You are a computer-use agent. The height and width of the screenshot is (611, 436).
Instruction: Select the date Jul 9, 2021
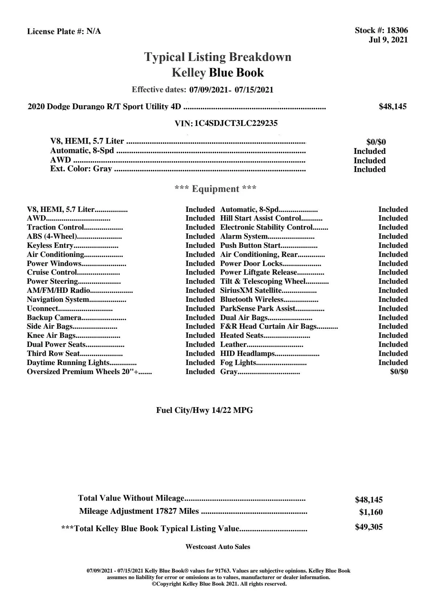coord(388,40)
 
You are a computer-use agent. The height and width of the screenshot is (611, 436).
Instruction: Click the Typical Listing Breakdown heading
coord(218,57)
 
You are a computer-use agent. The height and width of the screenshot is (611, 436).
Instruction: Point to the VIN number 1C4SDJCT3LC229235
coord(236,123)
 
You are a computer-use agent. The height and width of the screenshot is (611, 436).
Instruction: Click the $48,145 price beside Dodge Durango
coord(392,107)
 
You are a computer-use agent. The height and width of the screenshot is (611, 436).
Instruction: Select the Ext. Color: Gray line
coord(81,169)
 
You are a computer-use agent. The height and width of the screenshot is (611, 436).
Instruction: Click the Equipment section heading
coord(216,189)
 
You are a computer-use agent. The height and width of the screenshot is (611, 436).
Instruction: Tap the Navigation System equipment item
coord(58,300)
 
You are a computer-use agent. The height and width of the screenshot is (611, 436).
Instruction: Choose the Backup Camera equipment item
coord(54,318)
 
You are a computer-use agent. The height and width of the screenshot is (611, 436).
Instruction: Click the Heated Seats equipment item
coord(242,336)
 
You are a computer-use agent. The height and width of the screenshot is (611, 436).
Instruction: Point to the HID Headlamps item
coord(247,354)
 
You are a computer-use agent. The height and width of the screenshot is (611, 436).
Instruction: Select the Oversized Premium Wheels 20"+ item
coord(84,372)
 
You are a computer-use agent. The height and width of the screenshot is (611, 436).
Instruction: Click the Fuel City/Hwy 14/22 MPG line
coord(204,410)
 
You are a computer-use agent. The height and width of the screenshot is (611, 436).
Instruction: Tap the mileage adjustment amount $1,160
coord(371,512)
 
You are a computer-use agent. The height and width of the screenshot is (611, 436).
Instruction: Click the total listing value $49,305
coord(368,527)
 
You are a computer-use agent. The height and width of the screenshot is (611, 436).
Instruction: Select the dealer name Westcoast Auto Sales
coord(218,547)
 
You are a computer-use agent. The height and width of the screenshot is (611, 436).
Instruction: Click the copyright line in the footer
coord(219,584)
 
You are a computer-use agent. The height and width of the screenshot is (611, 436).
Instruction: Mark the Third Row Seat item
coord(53,354)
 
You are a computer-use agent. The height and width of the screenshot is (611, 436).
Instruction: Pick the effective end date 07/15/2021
coord(254,90)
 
